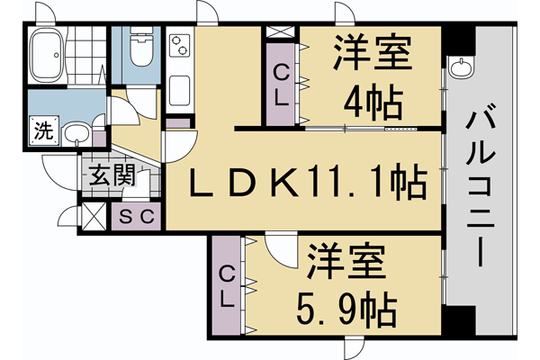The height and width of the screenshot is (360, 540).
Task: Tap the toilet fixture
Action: [x=140, y=49]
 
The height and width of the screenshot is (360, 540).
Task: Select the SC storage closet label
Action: [x=139, y=216]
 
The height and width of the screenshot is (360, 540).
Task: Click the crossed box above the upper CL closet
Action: [x=280, y=32]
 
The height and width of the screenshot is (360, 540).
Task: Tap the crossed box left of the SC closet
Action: [x=94, y=217]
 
